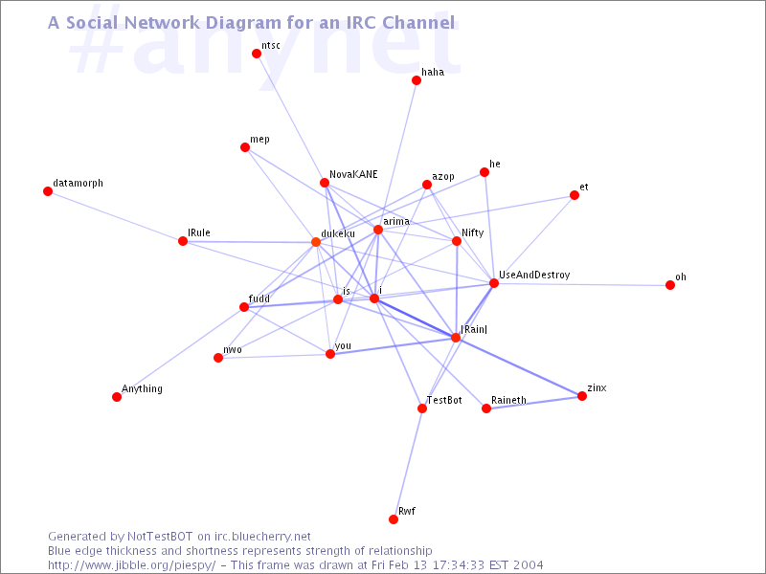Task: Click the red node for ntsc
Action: (x=257, y=54)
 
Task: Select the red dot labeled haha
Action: (x=417, y=80)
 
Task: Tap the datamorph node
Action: (x=48, y=191)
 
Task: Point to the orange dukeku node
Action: (x=316, y=242)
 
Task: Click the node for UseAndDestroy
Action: (x=494, y=283)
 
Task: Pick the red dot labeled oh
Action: (x=670, y=285)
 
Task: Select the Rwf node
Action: (x=394, y=519)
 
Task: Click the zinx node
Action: (x=582, y=396)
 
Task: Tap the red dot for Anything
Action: (x=117, y=397)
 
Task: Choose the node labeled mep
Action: (x=245, y=147)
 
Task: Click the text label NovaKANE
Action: (x=353, y=174)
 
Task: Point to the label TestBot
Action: (x=444, y=400)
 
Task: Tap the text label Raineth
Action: (x=509, y=400)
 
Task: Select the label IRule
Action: (x=199, y=232)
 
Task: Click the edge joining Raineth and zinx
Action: (x=534, y=402)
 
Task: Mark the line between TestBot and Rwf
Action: (x=408, y=464)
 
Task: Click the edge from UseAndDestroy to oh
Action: (x=582, y=284)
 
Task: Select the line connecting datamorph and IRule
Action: (x=115, y=216)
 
